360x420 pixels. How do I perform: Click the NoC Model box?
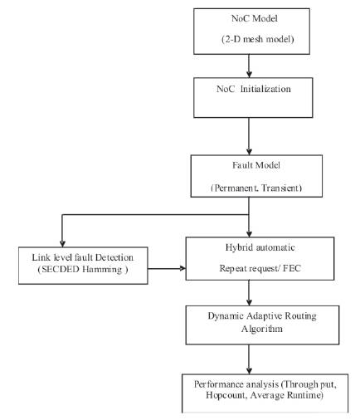(251, 32)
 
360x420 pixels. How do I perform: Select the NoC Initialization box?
(253, 98)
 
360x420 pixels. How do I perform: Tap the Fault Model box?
(256, 176)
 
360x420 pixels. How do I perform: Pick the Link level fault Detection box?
(83, 266)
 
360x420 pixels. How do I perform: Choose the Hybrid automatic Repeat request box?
(260, 258)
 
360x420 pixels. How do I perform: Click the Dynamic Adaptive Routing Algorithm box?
(262, 325)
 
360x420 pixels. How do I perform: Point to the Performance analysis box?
(265, 393)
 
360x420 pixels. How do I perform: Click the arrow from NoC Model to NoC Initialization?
(249, 66)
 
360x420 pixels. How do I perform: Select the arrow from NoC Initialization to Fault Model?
(249, 136)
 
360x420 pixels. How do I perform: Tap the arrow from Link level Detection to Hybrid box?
(167, 268)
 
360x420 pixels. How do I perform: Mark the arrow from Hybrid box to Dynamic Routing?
(249, 293)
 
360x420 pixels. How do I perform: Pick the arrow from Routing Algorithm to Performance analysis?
(249, 359)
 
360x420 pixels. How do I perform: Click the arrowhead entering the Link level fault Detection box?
(62, 244)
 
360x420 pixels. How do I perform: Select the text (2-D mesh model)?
(258, 39)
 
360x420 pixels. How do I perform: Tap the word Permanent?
(236, 188)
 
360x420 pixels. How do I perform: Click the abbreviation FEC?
(291, 268)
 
